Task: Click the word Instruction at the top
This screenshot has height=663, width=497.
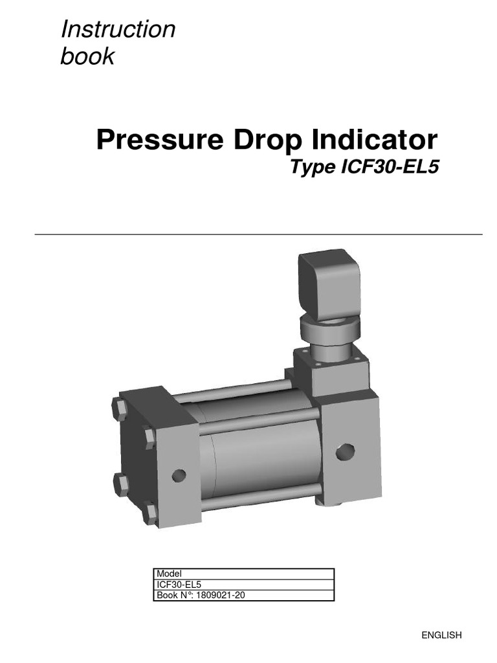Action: (117, 29)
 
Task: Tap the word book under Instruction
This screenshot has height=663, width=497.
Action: (87, 56)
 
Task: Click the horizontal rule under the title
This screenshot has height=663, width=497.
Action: (258, 234)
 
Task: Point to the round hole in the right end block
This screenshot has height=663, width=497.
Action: (346, 452)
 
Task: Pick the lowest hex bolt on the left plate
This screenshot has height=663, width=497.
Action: (150, 513)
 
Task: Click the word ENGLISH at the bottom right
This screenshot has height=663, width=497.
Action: (441, 635)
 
